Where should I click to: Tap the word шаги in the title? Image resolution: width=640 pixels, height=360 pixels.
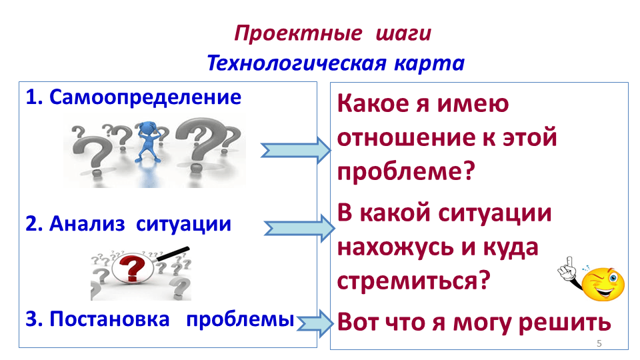[x=403, y=33]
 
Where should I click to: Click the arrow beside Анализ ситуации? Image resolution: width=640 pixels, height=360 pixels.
[x=298, y=228]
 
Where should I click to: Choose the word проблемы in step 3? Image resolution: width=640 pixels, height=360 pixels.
[x=240, y=319]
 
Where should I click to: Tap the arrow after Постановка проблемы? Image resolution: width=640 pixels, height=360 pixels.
[x=315, y=322]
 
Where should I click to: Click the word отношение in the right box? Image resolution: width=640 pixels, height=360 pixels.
[x=407, y=138]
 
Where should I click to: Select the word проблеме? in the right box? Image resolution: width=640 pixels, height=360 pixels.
[x=405, y=172]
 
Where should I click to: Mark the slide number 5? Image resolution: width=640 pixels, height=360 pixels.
[x=599, y=343]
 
